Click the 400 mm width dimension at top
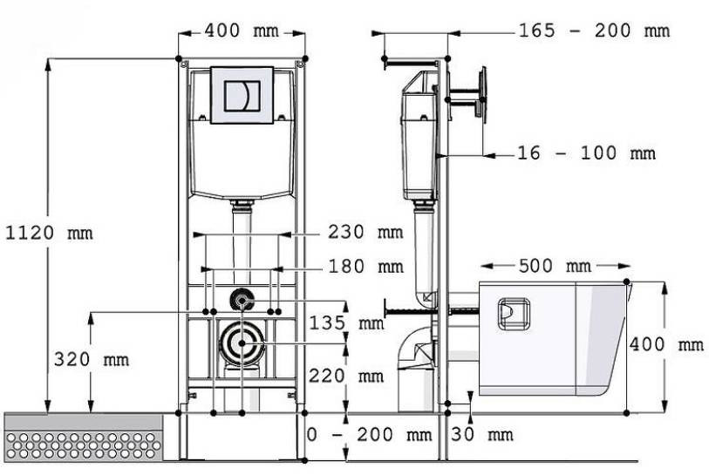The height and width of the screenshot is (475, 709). pos(242,31)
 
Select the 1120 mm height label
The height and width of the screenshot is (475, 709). pos(49,234)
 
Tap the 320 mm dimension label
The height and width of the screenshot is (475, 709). pos(92,360)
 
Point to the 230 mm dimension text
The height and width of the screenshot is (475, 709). pos(365,232)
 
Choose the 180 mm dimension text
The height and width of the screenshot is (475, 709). pos(365,266)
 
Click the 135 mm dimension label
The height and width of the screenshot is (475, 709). pos(346,322)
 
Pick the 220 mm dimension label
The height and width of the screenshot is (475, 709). pos(346,376)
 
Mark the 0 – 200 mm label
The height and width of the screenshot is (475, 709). pos(370,435)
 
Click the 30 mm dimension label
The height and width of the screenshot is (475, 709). pos(482,435)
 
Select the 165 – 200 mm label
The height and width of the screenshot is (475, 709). pos(594,31)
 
